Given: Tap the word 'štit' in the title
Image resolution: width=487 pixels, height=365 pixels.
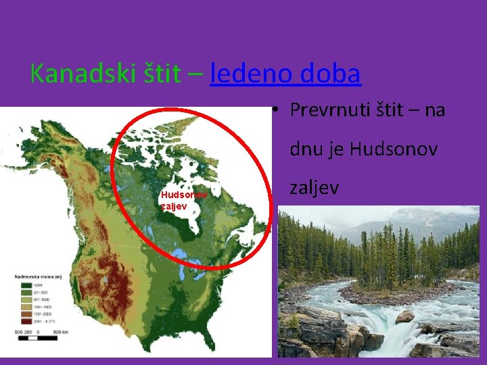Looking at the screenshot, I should click(x=161, y=74).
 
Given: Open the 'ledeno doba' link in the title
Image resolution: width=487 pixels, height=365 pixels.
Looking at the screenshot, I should click(x=285, y=74).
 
